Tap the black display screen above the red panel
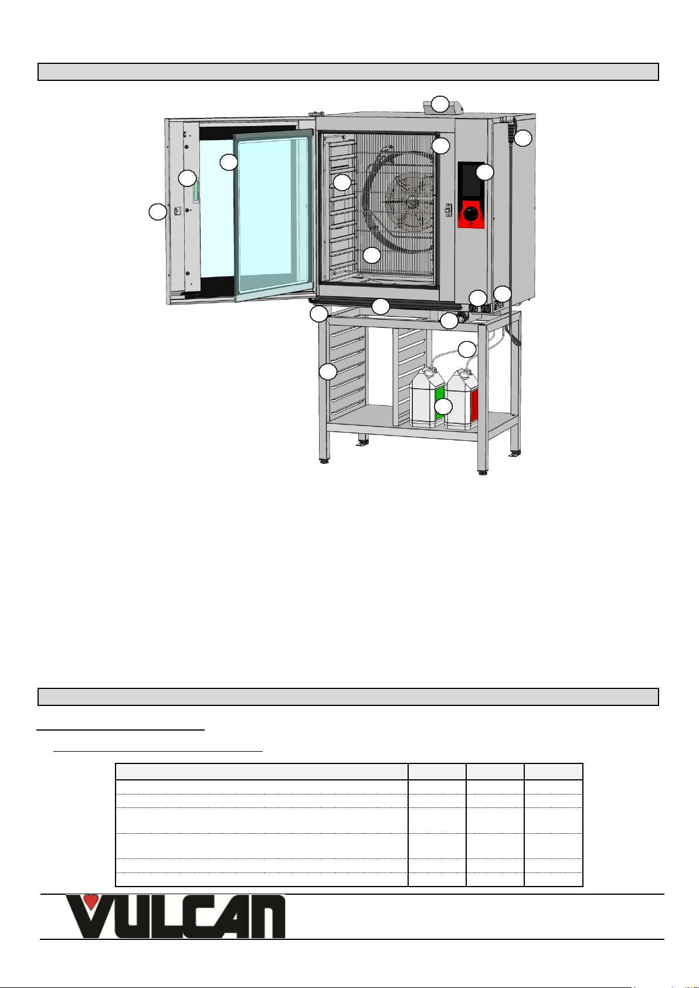tap(471, 181)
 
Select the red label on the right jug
tap(474, 406)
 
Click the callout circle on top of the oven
tap(440, 104)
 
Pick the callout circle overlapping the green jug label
tap(443, 407)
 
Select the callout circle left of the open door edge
tap(157, 212)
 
